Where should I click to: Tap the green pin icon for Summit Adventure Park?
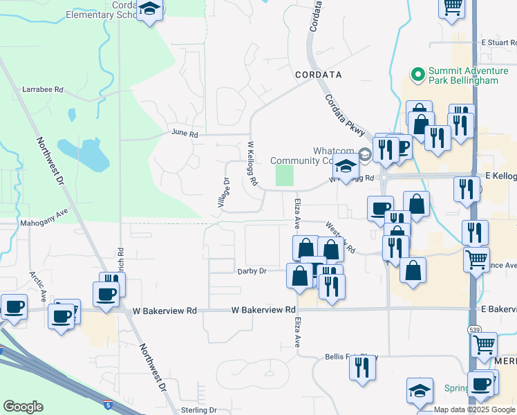tap(417, 73)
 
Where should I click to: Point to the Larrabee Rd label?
tap(42, 90)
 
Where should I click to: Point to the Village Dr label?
tap(223, 192)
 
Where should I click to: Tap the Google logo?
tap(23, 407)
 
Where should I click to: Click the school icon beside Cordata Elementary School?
tap(149, 10)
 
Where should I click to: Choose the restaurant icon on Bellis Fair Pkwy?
tap(361, 368)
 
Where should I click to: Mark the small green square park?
tap(285, 175)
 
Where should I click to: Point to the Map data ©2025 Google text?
tap(475, 410)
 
